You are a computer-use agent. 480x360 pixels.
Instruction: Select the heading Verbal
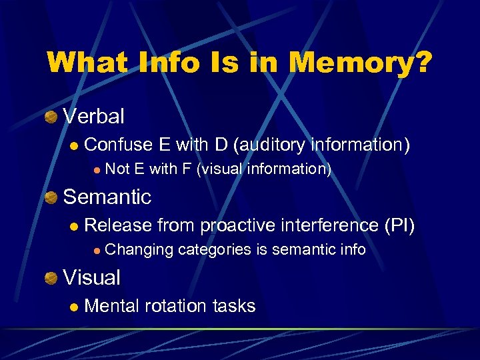93,117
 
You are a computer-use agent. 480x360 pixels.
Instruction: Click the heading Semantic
107,197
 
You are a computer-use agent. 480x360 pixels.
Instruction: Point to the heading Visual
91,278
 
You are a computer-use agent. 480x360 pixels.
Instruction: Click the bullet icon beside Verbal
51,117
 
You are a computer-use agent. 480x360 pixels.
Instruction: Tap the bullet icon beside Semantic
51,198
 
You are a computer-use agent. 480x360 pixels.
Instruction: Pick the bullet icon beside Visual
51,279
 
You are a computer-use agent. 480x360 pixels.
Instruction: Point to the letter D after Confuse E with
221,145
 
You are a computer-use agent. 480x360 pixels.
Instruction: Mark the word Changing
138,250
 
